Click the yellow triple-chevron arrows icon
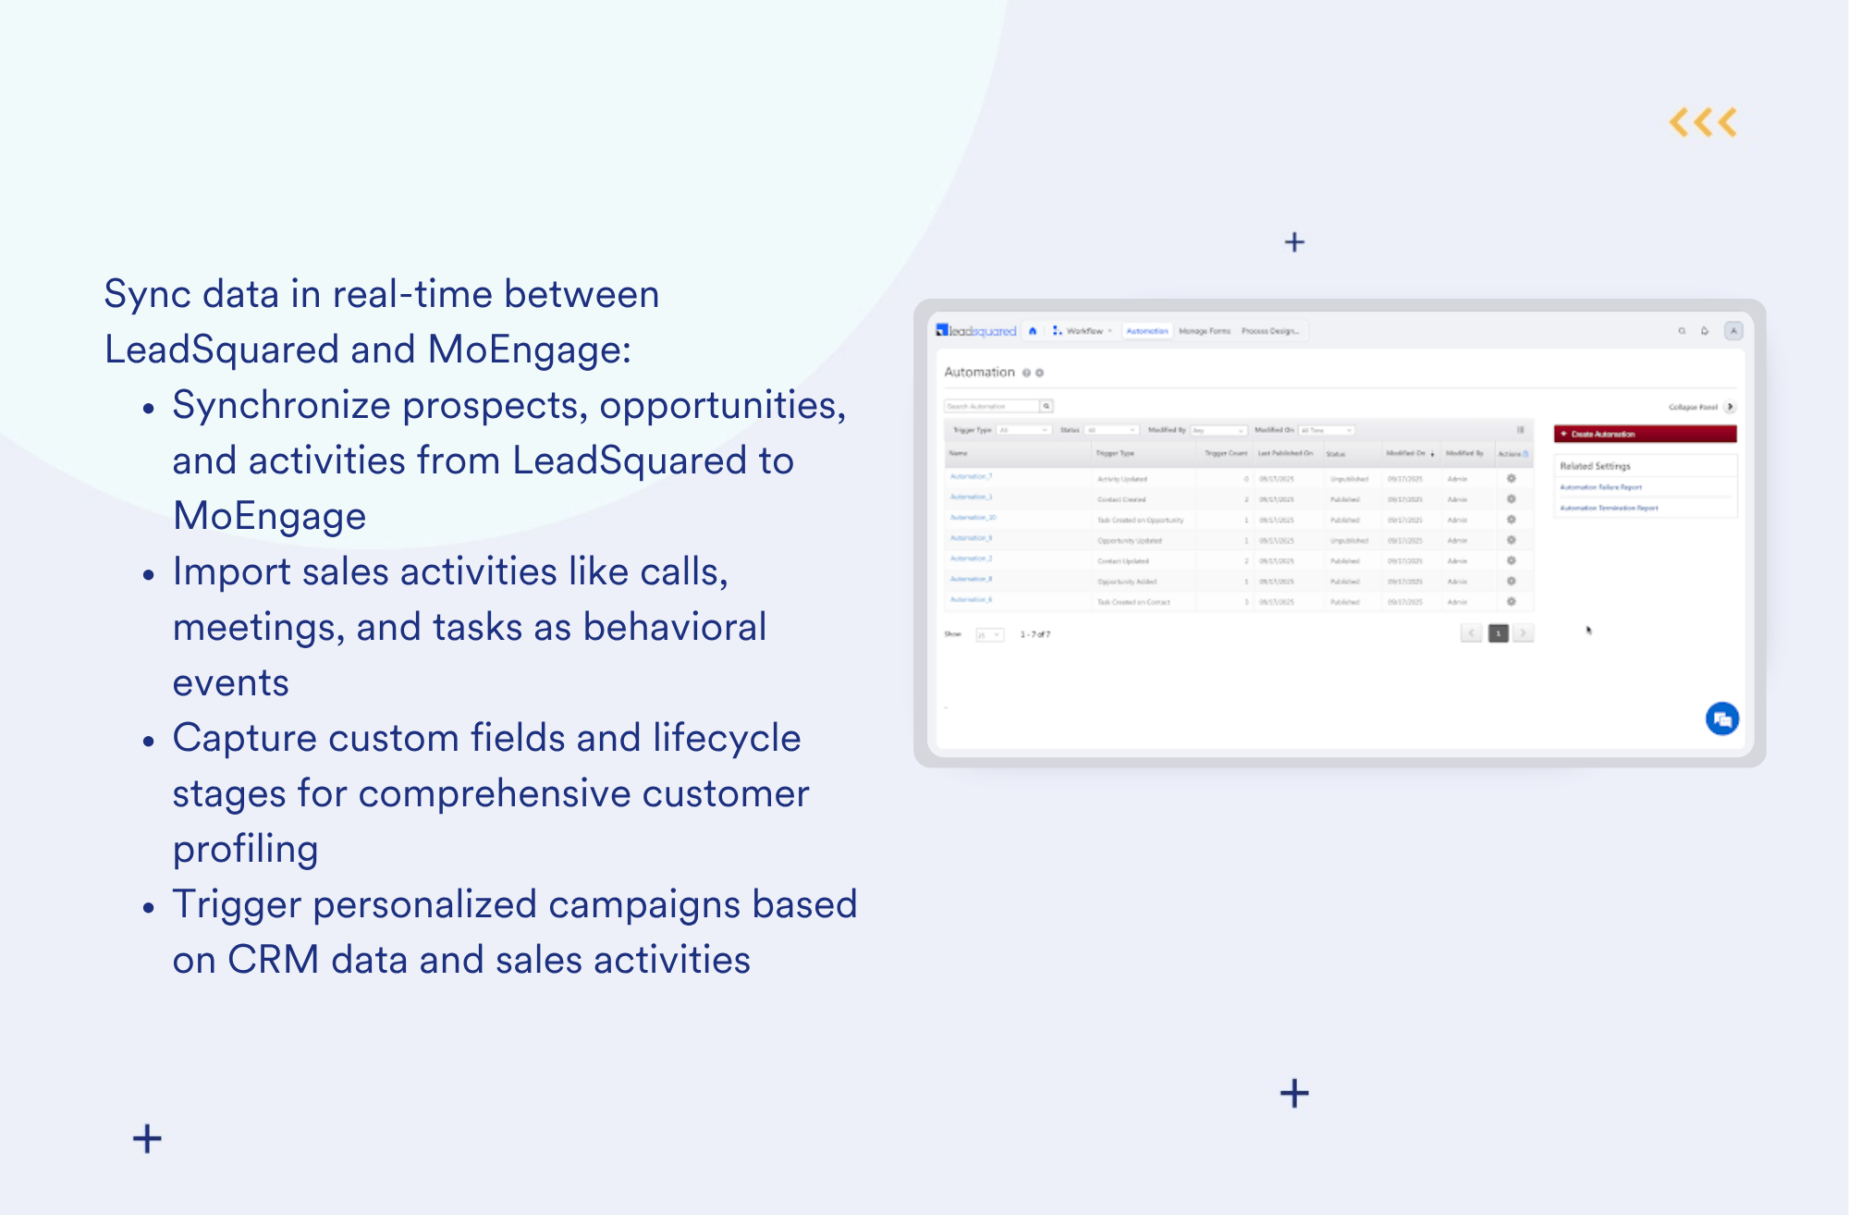tap(1703, 123)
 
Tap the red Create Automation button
tap(1645, 434)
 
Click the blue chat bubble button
tap(1721, 718)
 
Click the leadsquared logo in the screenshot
tap(976, 331)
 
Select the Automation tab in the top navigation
tap(1146, 331)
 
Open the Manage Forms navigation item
tap(1205, 331)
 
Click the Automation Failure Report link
tap(1600, 487)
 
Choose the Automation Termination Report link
tap(1609, 508)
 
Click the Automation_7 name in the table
tap(971, 477)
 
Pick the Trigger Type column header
tap(1114, 454)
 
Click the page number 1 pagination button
tap(1498, 633)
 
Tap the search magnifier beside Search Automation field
tap(1047, 406)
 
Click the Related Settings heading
tap(1595, 466)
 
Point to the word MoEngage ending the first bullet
tap(269, 516)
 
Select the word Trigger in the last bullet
tap(237, 904)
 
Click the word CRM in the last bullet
tap(273, 960)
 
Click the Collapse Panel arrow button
tap(1730, 407)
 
